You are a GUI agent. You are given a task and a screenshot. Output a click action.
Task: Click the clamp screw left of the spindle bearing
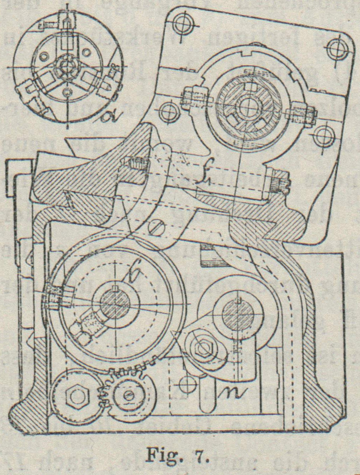[195, 97]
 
